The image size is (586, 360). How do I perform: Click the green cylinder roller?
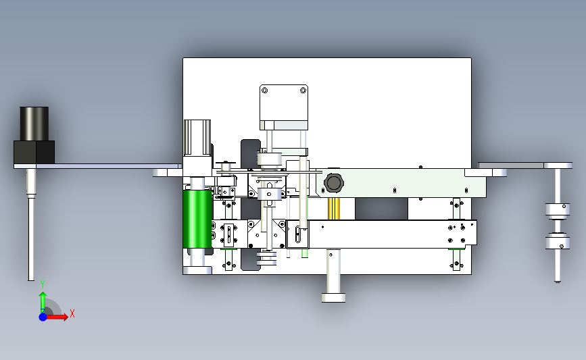197,219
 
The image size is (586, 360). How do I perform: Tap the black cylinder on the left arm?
34,124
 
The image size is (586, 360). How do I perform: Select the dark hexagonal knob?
333,182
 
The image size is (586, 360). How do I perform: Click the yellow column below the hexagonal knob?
334,209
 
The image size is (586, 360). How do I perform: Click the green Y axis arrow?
43,303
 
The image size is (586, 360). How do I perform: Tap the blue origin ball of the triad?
43,317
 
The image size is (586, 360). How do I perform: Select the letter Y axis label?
43,284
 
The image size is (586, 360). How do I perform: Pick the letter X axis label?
72,313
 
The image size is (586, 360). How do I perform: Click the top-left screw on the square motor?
265,91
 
